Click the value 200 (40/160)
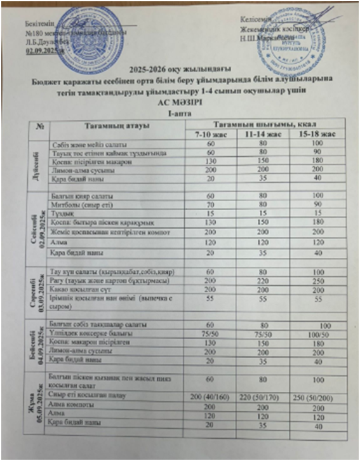211,396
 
